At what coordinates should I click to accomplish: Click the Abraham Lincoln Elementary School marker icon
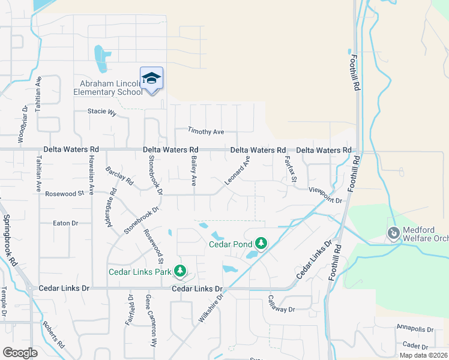152,79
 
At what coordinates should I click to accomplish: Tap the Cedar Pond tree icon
261,243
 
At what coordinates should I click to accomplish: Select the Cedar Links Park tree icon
179,271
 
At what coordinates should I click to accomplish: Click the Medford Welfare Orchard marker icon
394,232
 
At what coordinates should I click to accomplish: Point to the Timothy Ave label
205,131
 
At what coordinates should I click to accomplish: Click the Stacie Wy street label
101,111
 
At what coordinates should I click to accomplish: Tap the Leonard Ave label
238,170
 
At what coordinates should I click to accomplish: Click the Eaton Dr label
66,223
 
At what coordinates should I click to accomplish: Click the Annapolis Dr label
414,329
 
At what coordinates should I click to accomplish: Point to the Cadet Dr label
415,346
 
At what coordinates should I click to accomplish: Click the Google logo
20,353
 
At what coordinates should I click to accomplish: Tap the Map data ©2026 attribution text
423,355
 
